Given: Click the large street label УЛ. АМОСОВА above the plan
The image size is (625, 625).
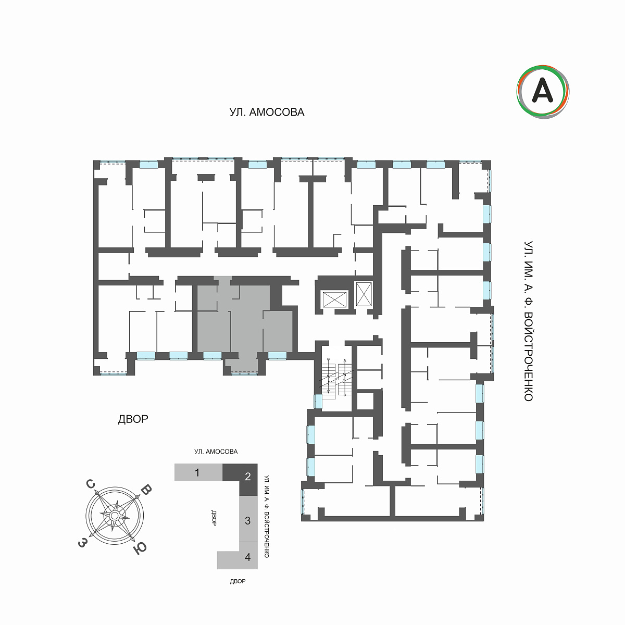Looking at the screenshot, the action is click(267, 112).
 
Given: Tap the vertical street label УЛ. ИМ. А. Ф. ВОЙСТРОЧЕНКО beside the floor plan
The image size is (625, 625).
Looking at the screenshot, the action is click(528, 321).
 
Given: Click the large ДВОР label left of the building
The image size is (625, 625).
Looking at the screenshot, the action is click(133, 419).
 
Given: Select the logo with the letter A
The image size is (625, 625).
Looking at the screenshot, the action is click(543, 92).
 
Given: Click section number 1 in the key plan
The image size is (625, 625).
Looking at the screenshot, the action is click(197, 473).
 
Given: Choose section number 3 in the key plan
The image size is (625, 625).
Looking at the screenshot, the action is click(248, 520).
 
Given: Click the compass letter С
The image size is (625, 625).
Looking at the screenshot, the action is click(90, 484).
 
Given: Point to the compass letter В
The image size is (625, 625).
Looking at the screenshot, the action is click(146, 490).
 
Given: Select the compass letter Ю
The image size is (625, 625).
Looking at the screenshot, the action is click(140, 548).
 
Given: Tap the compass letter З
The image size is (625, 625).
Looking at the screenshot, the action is click(82, 543).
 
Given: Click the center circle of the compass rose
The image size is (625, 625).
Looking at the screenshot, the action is click(114, 516).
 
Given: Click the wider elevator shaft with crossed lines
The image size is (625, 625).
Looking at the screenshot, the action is click(335, 299).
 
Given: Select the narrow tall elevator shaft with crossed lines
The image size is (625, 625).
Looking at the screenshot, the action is click(364, 294).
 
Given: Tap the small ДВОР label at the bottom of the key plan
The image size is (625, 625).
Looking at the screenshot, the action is click(238, 581).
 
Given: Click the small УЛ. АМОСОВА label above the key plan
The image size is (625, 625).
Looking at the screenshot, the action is click(216, 452).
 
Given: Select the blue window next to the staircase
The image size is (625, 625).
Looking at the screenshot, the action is click(318, 402).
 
